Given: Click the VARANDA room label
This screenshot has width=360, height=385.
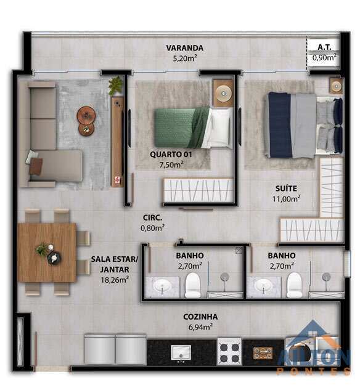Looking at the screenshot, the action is (x=184, y=48).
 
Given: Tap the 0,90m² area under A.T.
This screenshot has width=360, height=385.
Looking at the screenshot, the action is (x=324, y=57).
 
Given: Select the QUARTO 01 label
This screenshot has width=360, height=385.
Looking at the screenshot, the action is (x=171, y=155).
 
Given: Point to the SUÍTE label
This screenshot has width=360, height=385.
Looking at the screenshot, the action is (x=286, y=188).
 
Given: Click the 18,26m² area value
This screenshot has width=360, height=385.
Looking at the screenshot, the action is (x=115, y=280).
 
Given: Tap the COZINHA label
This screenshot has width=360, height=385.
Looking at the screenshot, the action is (x=200, y=317).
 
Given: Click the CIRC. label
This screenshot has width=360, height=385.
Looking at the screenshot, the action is (x=152, y=217).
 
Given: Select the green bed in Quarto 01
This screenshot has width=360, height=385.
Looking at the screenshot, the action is (x=194, y=128).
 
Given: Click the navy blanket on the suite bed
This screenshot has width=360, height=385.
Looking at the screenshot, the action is (x=280, y=125).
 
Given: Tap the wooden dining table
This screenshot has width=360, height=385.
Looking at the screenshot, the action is (x=47, y=253).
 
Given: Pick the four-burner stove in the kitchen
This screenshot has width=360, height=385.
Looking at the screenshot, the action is (x=229, y=351).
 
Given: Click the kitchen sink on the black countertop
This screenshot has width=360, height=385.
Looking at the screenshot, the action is (x=181, y=352).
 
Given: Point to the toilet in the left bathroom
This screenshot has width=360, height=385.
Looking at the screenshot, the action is (x=192, y=285).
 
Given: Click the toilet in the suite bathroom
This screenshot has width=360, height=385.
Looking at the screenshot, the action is (x=294, y=285).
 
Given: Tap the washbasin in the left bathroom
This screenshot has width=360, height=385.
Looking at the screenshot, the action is (x=162, y=286).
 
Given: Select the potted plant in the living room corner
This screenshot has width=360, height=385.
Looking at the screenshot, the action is (x=115, y=86).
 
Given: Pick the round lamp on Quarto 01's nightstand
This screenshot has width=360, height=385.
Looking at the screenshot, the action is (x=223, y=93).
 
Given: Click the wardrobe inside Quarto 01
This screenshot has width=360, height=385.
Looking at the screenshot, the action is (x=198, y=191).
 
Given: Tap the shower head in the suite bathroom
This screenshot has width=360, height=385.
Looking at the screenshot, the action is (x=326, y=277).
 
